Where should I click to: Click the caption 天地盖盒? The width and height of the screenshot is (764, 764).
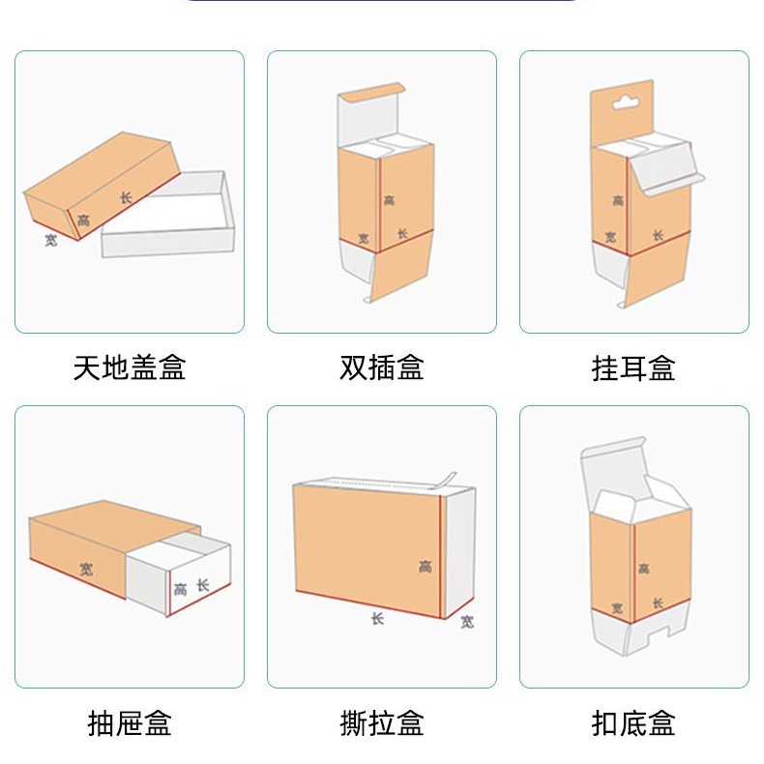pos(129,367)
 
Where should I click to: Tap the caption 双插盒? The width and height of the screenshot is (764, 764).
pos(382,367)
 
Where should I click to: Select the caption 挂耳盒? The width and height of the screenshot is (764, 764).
pos(633,367)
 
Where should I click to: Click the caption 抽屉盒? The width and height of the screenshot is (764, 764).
pos(129,722)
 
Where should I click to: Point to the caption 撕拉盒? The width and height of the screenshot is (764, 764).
pos(382,722)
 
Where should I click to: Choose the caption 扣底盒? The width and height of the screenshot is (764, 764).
pos(633,722)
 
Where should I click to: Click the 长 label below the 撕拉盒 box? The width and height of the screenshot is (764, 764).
pos(377,617)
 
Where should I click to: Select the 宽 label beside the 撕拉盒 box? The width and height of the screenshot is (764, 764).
pos(467,621)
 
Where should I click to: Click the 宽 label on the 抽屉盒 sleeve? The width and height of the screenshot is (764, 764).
pos(87,569)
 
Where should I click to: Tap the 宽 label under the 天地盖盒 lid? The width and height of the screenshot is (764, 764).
pos(50,239)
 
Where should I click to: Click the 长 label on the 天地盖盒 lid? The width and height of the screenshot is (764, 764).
pos(126,197)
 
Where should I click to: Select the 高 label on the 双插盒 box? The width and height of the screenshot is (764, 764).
pos(389,200)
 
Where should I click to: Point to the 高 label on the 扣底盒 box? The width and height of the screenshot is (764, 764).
pos(644,570)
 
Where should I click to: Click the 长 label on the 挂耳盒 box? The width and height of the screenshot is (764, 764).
pos(658,235)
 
